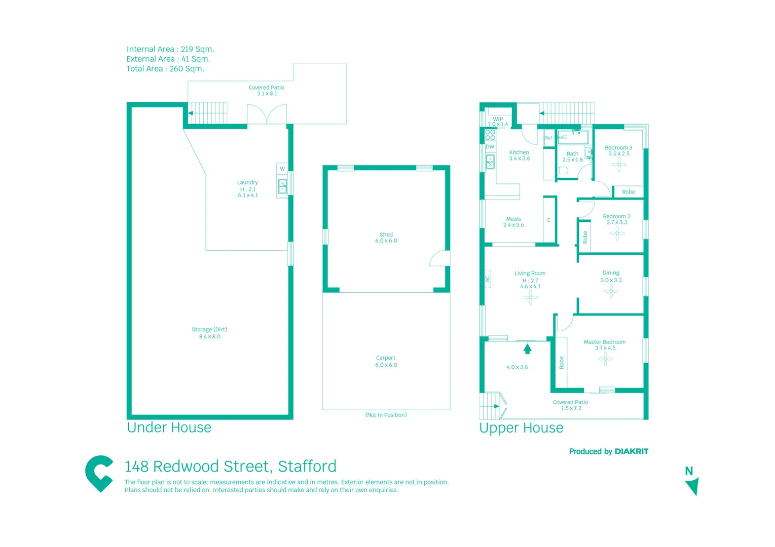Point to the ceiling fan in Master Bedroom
[605, 359]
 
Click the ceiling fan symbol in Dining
[611, 291]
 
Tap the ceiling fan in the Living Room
[530, 297]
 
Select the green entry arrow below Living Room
[527, 348]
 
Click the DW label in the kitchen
[490, 147]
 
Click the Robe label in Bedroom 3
[628, 192]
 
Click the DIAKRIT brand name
[631, 451]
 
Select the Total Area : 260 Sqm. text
[165, 69]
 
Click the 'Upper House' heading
[521, 428]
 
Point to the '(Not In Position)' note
[386, 415]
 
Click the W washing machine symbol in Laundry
[282, 169]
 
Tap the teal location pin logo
[99, 473]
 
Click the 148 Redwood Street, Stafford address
[230, 466]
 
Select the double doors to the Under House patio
[267, 114]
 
